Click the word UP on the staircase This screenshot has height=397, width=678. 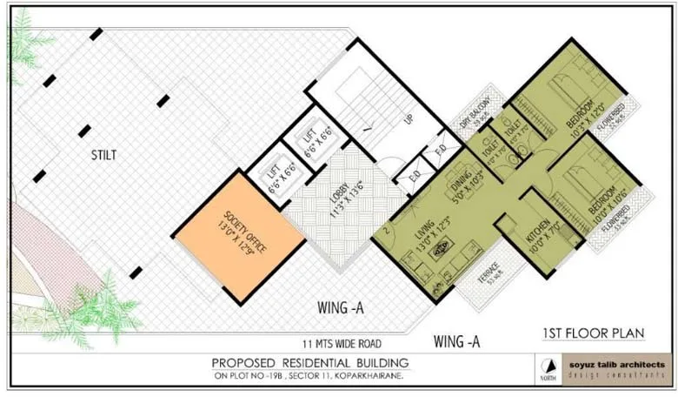pos(407,118)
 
